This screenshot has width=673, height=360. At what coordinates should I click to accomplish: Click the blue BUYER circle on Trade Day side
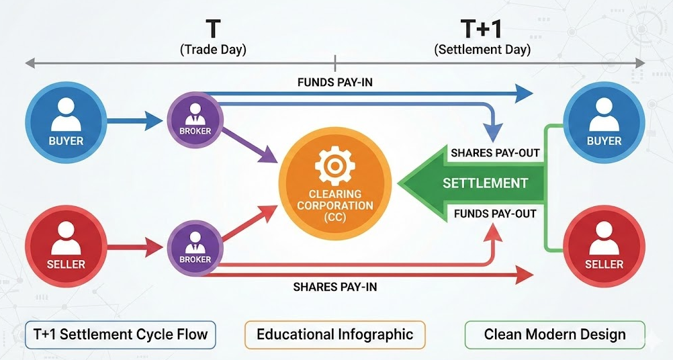66,122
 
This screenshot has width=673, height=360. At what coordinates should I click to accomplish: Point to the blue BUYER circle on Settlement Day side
604,122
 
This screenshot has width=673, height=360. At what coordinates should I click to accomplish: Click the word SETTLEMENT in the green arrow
485,183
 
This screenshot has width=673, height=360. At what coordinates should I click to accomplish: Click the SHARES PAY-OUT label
495,152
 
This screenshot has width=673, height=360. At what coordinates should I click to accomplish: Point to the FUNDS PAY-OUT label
495,214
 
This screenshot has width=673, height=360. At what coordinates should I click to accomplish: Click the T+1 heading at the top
482,29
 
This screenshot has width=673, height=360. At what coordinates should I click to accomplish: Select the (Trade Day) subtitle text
214,50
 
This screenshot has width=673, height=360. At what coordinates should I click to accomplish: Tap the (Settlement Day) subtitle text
482,50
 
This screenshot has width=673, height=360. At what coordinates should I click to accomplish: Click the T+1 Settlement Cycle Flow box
120,334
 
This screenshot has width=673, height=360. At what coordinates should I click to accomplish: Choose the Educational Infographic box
334,334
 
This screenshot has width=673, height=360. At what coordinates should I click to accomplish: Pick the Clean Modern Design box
554,334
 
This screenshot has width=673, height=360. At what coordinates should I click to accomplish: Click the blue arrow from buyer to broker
134,122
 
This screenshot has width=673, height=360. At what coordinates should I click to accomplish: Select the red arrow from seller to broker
134,246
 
